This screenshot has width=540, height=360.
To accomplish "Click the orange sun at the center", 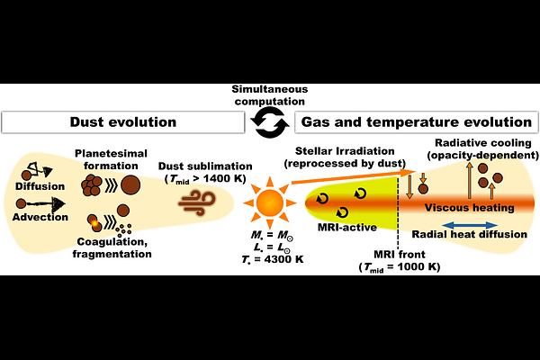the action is tap(270, 202).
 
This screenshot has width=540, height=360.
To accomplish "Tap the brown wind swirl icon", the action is tap(197, 203).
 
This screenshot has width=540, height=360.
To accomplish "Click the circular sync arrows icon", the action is tap(270, 122).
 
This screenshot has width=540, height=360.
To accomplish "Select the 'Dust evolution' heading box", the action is tap(123, 122).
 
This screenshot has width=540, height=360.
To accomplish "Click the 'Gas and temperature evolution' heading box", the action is tap(417, 122).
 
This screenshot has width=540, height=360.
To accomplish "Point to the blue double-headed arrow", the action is tap(470, 225).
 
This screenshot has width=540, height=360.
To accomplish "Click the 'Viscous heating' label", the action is tap(469, 207).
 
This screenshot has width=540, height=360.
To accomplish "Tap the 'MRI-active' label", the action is tap(346, 228).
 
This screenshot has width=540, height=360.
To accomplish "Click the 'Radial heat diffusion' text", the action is tap(470, 234).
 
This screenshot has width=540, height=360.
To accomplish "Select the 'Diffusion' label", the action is tap(40, 186).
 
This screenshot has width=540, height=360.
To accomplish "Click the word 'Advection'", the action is tap(40, 217).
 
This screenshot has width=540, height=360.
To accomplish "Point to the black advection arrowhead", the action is tap(58, 204).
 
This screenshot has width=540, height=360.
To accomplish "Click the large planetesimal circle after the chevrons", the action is tap(130, 185).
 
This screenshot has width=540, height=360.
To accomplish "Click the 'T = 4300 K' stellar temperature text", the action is tap(273, 259).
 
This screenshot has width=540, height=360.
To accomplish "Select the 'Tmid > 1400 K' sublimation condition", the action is tap(205, 179).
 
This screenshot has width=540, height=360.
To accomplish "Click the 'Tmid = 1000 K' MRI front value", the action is tap(400, 267).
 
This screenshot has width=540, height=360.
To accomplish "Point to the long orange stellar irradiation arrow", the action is tap(354, 176).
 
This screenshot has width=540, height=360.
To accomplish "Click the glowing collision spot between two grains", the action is tap(94, 223).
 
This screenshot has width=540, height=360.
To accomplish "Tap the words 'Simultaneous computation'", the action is tap(270, 95).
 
